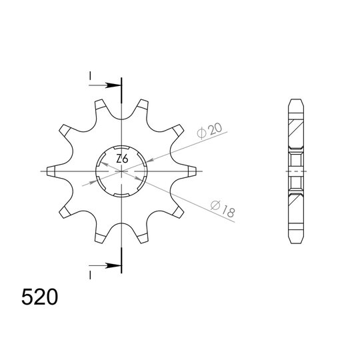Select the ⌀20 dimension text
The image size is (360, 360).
pos(208,130)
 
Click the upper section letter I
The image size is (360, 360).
pos(89,77)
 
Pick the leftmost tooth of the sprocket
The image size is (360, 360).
pos(54,171)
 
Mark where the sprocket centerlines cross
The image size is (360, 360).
pos(122,171)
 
